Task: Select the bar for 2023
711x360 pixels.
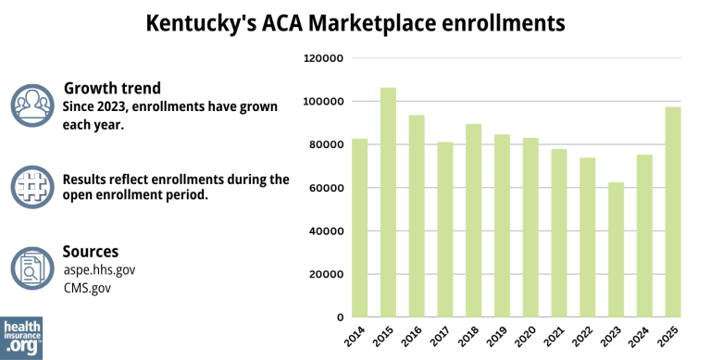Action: [615, 250]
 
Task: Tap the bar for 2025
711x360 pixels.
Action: [671, 212]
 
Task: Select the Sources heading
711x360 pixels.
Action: [90, 251]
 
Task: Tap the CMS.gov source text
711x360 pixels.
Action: [87, 288]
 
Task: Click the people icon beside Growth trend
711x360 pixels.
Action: [33, 105]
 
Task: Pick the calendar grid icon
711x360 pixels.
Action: [33, 186]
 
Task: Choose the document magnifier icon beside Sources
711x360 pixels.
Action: [33, 267]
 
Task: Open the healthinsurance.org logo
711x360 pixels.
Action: [21, 337]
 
